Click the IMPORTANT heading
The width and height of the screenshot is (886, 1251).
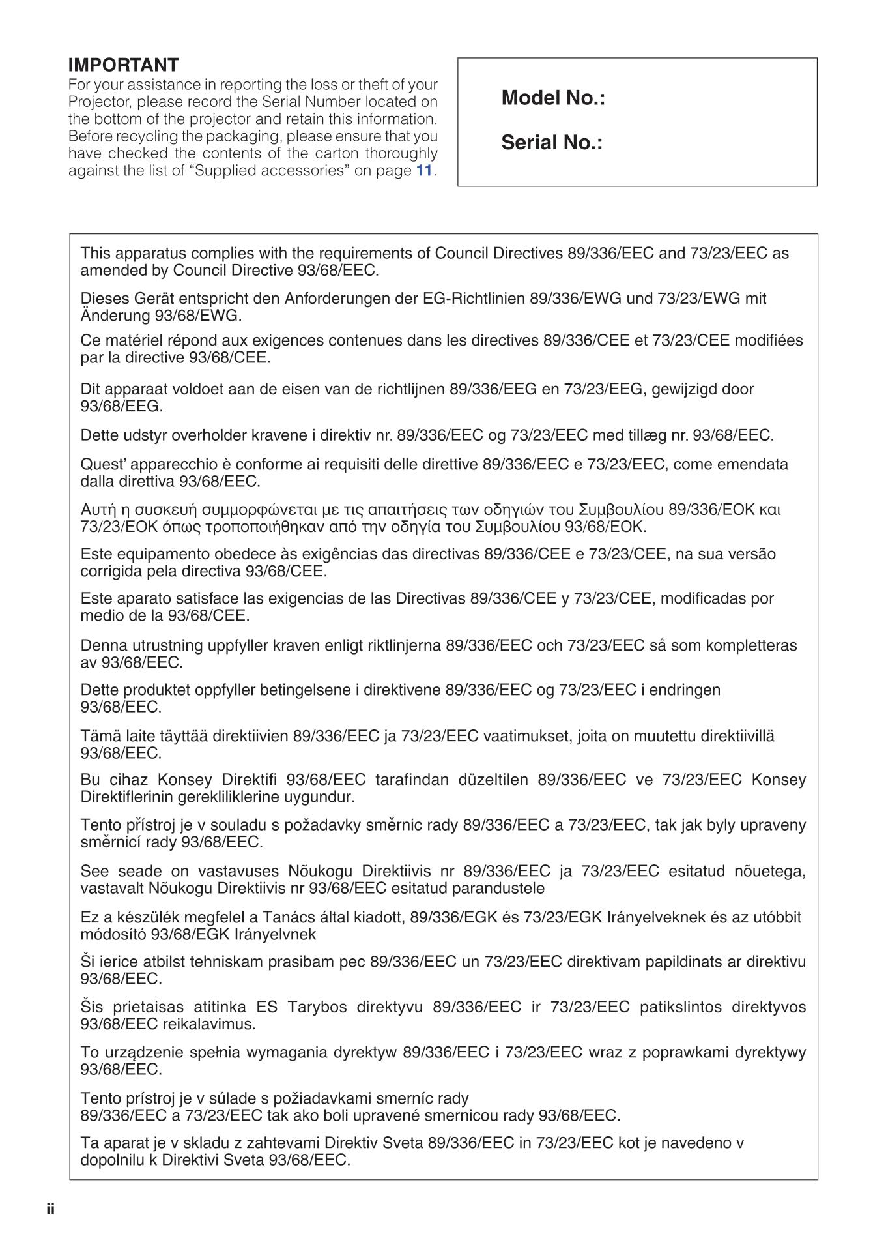(123, 65)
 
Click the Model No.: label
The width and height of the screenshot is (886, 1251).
(553, 98)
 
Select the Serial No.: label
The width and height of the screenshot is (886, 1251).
(552, 143)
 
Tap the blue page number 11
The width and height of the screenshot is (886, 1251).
(424, 171)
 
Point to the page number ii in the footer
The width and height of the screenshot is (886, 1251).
(51, 1210)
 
